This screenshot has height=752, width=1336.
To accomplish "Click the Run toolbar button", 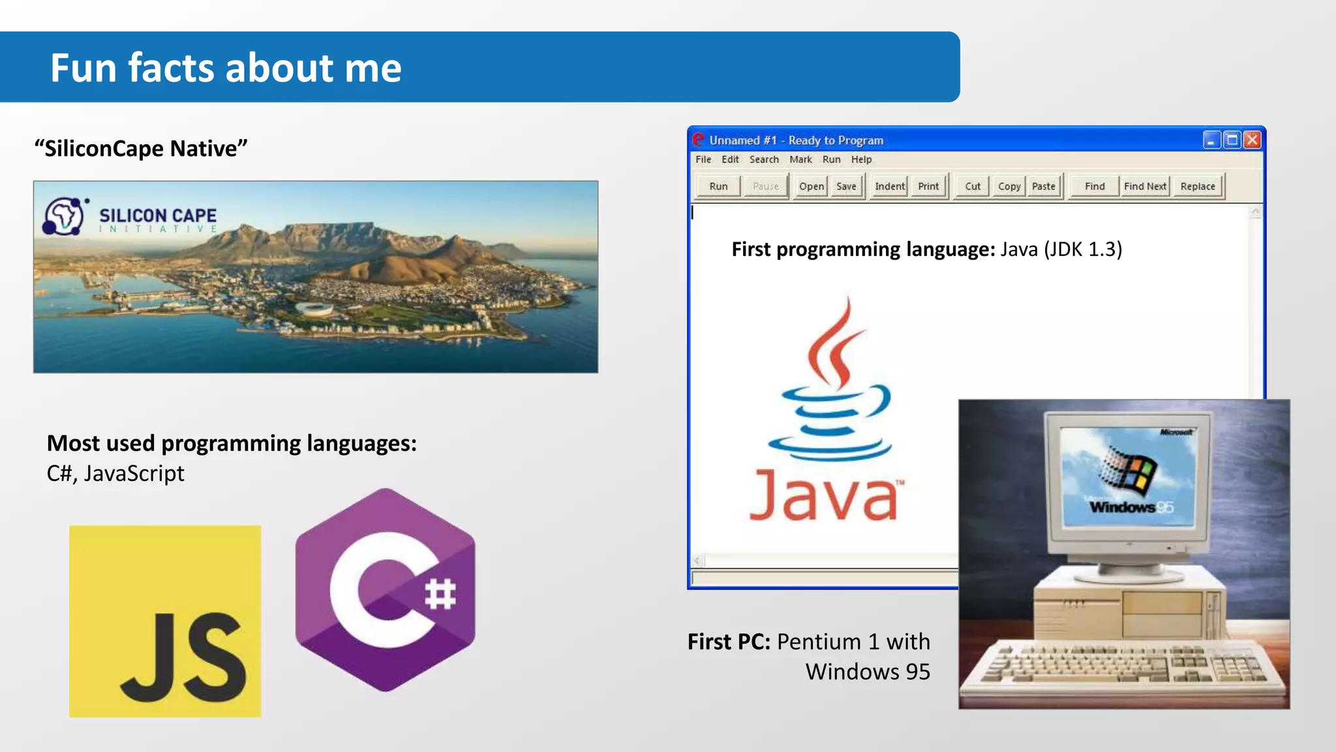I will [718, 186].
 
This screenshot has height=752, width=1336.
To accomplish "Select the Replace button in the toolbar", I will [1198, 186].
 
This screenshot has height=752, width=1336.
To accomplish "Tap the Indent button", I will [890, 186].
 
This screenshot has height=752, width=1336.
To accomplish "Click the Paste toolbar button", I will [1043, 186].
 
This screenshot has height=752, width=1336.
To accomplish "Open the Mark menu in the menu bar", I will [800, 159].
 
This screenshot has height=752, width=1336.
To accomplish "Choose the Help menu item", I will [861, 159].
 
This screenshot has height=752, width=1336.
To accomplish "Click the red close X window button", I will [1252, 140].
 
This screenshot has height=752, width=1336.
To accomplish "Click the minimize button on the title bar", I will [1211, 140].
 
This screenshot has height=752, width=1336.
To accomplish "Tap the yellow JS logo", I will [165, 621].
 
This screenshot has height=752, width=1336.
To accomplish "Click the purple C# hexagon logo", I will [386, 589].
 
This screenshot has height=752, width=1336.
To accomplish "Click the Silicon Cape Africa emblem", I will [63, 216].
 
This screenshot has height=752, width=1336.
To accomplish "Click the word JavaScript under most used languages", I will [134, 473].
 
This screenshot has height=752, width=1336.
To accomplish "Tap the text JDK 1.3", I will [1083, 249].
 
